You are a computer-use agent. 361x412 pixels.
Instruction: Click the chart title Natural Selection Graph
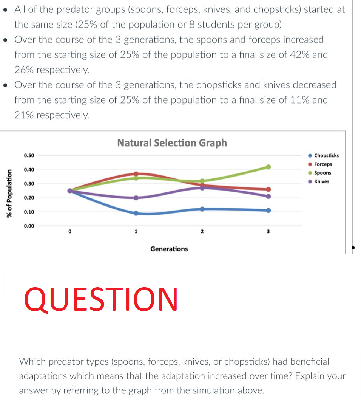point(172,143)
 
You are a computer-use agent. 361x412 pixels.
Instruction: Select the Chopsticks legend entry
point(326,155)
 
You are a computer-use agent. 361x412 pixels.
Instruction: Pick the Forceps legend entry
point(323,164)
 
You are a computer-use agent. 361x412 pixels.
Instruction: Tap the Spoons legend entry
point(322,173)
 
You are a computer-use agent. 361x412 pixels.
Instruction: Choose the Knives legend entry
point(321,181)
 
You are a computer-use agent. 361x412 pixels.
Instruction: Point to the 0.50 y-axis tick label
point(29,155)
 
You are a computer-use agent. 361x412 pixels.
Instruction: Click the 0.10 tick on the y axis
point(29,212)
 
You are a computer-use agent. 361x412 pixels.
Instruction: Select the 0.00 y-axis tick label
point(29,226)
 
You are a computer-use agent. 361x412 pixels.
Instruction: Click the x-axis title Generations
point(169,249)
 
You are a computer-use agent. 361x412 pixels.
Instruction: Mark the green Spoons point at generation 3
point(268,167)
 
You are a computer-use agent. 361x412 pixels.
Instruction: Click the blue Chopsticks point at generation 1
point(136,213)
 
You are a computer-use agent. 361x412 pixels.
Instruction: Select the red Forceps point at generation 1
point(136,174)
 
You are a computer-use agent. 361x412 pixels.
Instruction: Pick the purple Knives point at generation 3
point(268,196)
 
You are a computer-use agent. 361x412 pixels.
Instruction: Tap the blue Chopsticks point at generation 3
point(268,210)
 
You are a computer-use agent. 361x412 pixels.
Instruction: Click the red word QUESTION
point(101,299)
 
